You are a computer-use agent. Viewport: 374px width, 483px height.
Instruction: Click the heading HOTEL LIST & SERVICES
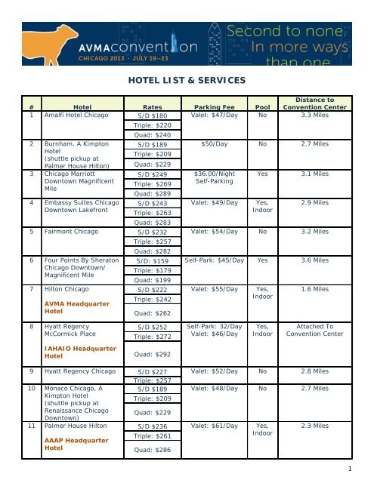(185, 78)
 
